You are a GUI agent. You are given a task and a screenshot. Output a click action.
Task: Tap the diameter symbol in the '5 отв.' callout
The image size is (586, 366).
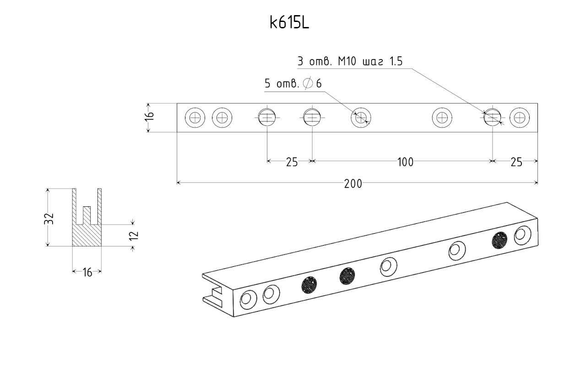pyautogui.click(x=308, y=83)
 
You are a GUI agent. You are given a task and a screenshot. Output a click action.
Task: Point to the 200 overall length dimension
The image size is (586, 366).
pyautogui.click(x=353, y=183)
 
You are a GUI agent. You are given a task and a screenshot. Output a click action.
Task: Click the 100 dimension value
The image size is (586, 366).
pyautogui.click(x=405, y=162)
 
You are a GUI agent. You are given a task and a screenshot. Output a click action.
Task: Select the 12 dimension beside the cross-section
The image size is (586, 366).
pyautogui.click(x=133, y=236)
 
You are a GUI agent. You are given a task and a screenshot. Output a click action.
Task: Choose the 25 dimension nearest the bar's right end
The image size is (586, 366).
pyautogui.click(x=516, y=162)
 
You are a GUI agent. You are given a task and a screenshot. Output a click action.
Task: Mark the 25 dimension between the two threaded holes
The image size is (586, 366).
pyautogui.click(x=292, y=162)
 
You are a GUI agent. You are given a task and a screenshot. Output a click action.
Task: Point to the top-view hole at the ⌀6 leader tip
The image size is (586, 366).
pyautogui.click(x=361, y=118)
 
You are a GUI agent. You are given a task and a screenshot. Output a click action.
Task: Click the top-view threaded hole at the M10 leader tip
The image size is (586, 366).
pyautogui.click(x=493, y=118)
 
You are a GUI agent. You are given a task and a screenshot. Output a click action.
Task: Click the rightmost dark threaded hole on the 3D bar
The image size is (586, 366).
pyautogui.click(x=500, y=240)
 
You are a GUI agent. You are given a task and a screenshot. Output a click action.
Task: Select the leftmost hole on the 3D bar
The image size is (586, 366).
pyautogui.click(x=248, y=300)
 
